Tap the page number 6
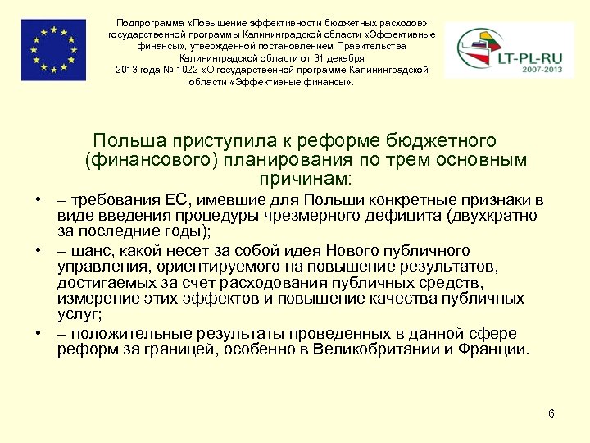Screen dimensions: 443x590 tap(551, 413)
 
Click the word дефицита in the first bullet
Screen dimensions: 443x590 tap(404, 216)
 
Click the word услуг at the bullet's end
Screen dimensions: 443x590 tap(77, 314)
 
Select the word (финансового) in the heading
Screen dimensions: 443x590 tap(150, 159)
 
